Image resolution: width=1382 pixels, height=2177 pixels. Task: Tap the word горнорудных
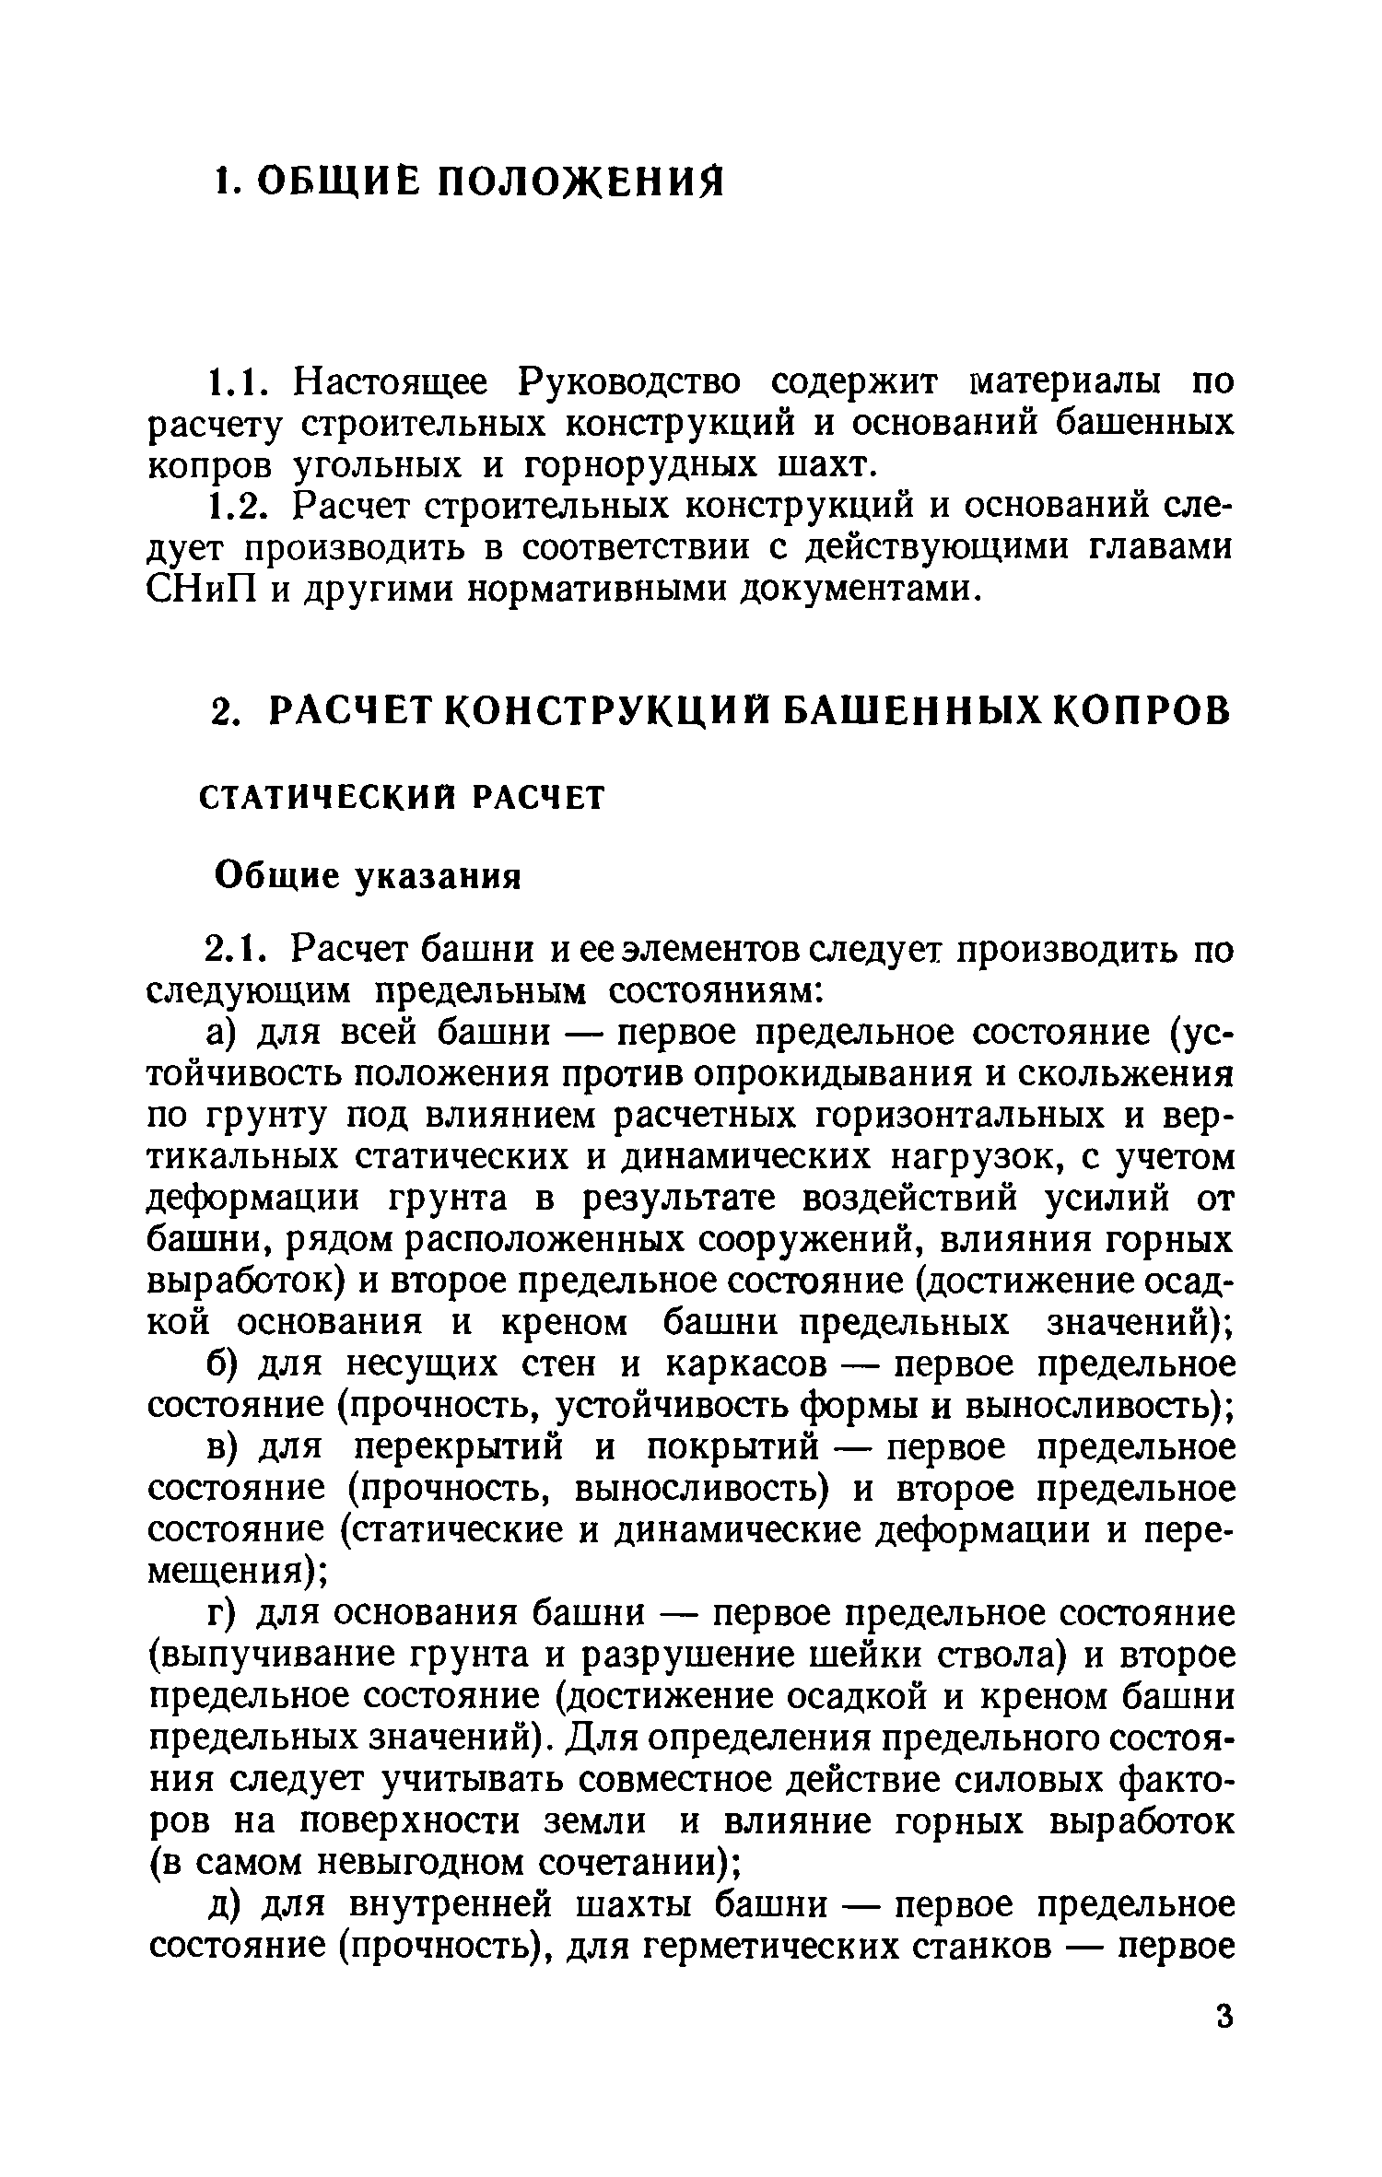click(x=637, y=466)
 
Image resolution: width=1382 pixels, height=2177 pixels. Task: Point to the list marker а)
click(x=223, y=1034)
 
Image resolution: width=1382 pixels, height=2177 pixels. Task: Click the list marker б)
click(x=224, y=1364)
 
